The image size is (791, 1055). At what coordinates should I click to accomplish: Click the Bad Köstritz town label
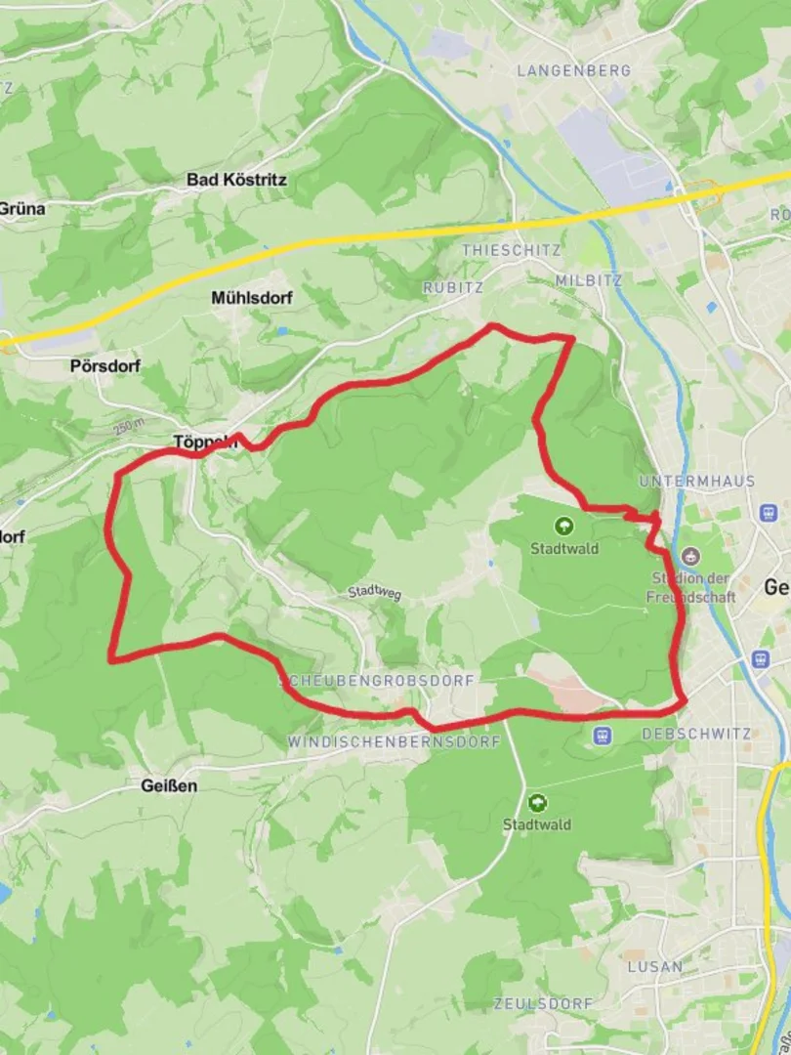click(236, 180)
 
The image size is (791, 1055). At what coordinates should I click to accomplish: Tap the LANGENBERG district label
click(573, 70)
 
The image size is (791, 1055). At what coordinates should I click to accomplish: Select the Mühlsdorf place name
click(252, 298)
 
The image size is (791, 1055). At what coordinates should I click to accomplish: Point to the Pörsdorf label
click(105, 366)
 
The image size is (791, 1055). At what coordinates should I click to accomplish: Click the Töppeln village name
click(205, 442)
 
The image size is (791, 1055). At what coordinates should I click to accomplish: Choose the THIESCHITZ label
click(511, 250)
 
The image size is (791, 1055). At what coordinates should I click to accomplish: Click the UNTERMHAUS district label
click(684, 482)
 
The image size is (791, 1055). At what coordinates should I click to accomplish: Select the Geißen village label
click(169, 785)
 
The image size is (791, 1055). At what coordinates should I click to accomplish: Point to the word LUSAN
click(655, 966)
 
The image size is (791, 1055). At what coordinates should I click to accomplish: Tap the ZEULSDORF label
click(543, 1004)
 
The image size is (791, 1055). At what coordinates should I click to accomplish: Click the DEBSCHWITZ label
click(695, 734)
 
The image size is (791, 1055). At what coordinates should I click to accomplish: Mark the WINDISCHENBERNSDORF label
click(394, 742)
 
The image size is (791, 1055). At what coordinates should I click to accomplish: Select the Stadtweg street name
click(375, 593)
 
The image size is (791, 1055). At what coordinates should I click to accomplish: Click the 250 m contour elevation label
click(128, 427)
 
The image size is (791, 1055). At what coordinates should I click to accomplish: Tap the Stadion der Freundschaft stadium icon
click(691, 557)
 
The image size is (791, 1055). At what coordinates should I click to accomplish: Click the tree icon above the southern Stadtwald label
click(536, 803)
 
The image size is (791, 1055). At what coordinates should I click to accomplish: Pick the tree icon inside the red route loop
click(564, 527)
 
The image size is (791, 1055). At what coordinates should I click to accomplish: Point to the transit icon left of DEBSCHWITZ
click(602, 735)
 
